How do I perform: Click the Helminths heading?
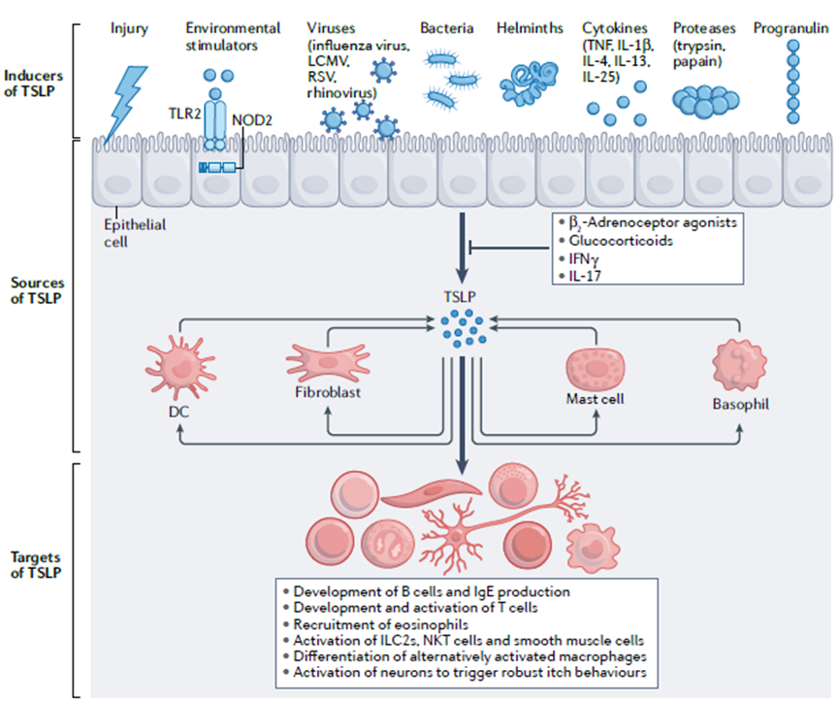tap(530, 29)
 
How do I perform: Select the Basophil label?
tap(743, 403)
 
